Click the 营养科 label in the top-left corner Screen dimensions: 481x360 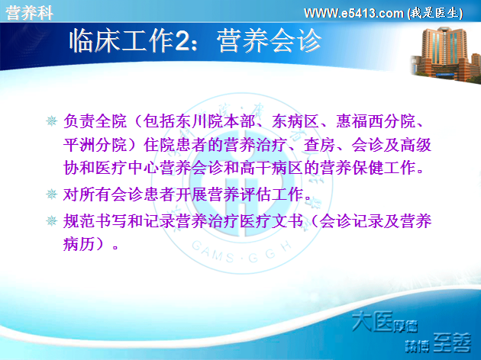(30, 13)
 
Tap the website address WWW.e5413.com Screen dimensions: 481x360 (353, 13)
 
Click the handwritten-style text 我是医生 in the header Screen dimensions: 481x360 (435, 13)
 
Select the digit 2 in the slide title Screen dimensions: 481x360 (183, 41)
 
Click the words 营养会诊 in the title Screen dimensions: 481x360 (269, 40)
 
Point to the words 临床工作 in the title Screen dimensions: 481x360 (122, 40)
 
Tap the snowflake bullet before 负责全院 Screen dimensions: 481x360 (51, 121)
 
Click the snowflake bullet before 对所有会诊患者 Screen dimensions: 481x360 (51, 194)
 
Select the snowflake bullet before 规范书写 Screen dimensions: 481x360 (51, 220)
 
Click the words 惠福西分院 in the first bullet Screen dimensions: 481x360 (376, 121)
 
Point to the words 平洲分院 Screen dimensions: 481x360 (95, 145)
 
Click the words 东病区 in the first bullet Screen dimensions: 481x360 (295, 121)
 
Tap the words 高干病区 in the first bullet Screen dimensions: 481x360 (272, 168)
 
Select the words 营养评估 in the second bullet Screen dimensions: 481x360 (239, 194)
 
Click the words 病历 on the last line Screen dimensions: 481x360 (79, 244)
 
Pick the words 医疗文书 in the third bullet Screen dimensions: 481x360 (272, 221)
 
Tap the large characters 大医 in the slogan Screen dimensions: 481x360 (372, 321)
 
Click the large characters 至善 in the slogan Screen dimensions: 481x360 (452, 342)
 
